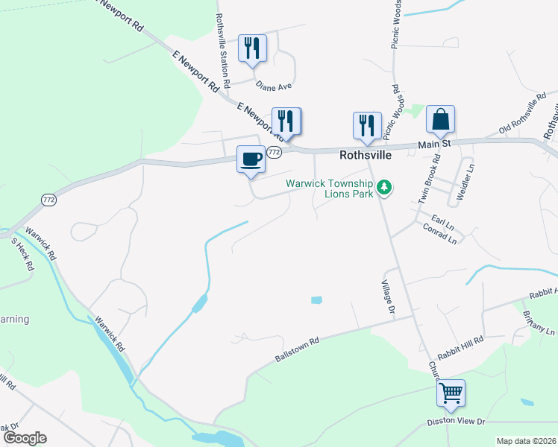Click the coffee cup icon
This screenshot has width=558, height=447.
[x=251, y=159]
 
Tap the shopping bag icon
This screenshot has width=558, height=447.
[x=440, y=119]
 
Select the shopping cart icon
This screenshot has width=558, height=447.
[x=451, y=391]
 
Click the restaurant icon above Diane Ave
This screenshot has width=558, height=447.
[x=252, y=49]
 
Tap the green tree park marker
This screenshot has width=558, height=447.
[x=384, y=187]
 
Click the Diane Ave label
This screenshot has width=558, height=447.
[x=274, y=86]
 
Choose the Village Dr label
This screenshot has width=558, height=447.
[x=387, y=297]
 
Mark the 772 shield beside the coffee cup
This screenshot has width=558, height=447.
[x=274, y=152]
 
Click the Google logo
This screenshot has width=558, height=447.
[x=24, y=438]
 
